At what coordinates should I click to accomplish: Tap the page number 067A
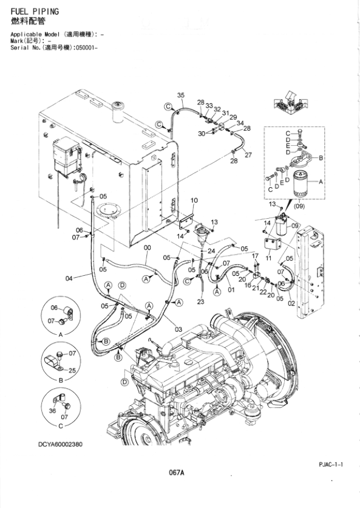coord(177,473)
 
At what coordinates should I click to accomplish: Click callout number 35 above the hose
coord(180,96)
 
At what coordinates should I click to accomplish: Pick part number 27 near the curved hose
coord(248,155)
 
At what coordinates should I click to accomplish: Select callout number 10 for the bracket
coord(194,201)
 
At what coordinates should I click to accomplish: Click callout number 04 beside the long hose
coord(69,278)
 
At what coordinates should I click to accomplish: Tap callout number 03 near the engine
coord(178,329)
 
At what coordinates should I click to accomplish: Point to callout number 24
coord(211,250)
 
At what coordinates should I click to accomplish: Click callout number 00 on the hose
coord(147,248)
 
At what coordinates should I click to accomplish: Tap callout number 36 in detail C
coord(52,411)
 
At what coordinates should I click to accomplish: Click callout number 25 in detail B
coord(73,370)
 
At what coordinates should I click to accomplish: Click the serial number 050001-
coord(76,47)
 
